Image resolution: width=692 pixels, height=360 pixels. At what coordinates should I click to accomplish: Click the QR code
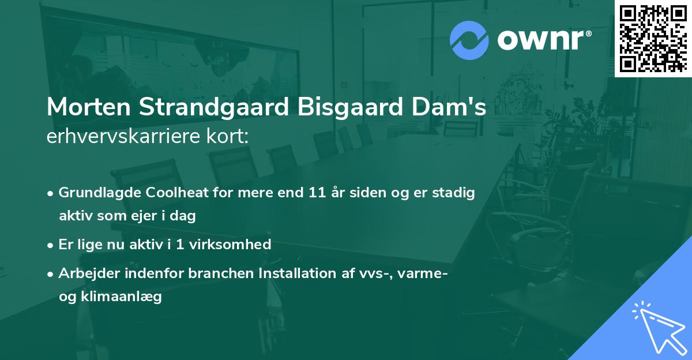[x=653, y=39]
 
